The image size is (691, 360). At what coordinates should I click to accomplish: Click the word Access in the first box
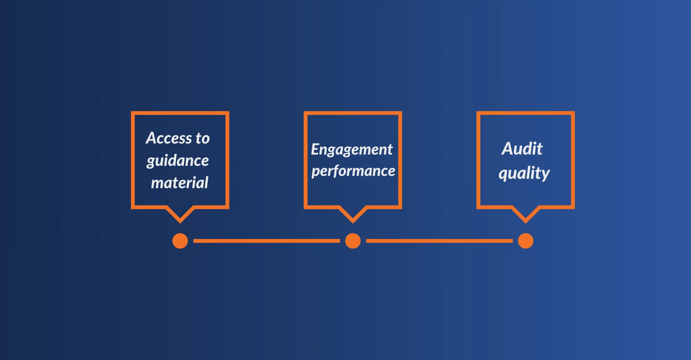pos(169,138)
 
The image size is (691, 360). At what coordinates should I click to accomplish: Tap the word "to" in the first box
pos(203,138)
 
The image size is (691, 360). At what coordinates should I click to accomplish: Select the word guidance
pos(178,161)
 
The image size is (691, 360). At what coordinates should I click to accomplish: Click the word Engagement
pos(352,150)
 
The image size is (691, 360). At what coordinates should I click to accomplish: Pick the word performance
pos(353,171)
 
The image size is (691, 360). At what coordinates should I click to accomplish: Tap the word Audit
pos(522,149)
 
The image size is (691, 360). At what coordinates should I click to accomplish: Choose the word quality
pos(524,173)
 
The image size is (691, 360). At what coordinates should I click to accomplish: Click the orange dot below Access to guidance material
pos(180,241)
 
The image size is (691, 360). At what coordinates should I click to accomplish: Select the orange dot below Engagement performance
pos(353,241)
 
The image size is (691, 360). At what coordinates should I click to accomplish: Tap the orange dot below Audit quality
pos(526,241)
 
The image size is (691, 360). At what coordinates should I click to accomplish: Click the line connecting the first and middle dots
pos(267,241)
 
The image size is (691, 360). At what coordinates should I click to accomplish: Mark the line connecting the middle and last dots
pos(439,241)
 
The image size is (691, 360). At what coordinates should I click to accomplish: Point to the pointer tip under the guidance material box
pos(180,223)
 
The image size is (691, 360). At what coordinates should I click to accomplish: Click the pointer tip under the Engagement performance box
pos(353,223)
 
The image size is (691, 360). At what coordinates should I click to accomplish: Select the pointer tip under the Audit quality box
pos(526,223)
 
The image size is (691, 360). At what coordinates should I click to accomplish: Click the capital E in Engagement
pos(315,149)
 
